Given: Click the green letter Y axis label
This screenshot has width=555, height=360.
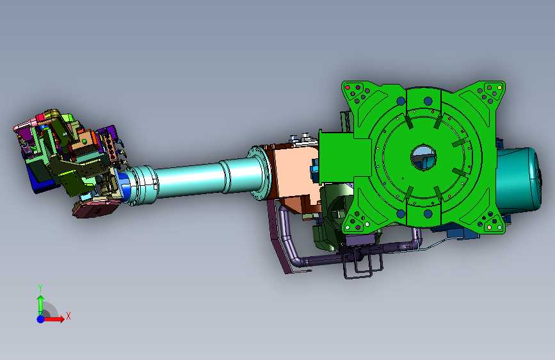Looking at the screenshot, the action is point(40,288).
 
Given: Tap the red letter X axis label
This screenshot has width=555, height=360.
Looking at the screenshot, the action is point(68,316).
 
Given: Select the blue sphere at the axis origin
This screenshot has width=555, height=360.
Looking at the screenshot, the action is point(41,319).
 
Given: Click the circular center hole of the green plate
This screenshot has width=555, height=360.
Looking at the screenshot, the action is point(423,157).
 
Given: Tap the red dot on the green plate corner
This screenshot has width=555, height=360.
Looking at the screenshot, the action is point(347,87).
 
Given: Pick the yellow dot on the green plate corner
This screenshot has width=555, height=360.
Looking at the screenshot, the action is point(500,87).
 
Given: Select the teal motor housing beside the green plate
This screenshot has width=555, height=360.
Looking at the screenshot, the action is point(519,180).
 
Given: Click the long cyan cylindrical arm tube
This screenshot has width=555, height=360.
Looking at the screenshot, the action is point(191,179).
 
